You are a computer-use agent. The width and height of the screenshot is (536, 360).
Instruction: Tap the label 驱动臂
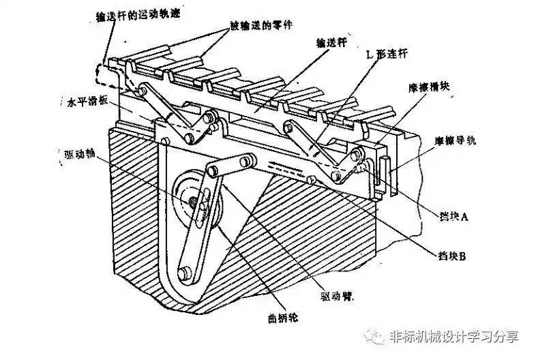pos(339,297)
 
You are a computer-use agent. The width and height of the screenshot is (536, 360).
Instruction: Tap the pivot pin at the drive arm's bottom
pos(184,274)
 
